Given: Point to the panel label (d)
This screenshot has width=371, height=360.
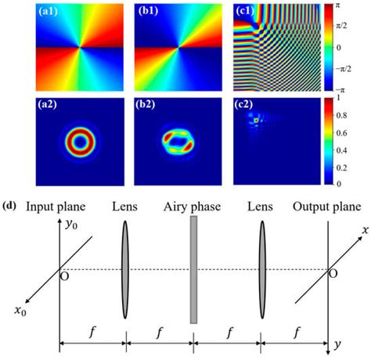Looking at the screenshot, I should click(x=13, y=207).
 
